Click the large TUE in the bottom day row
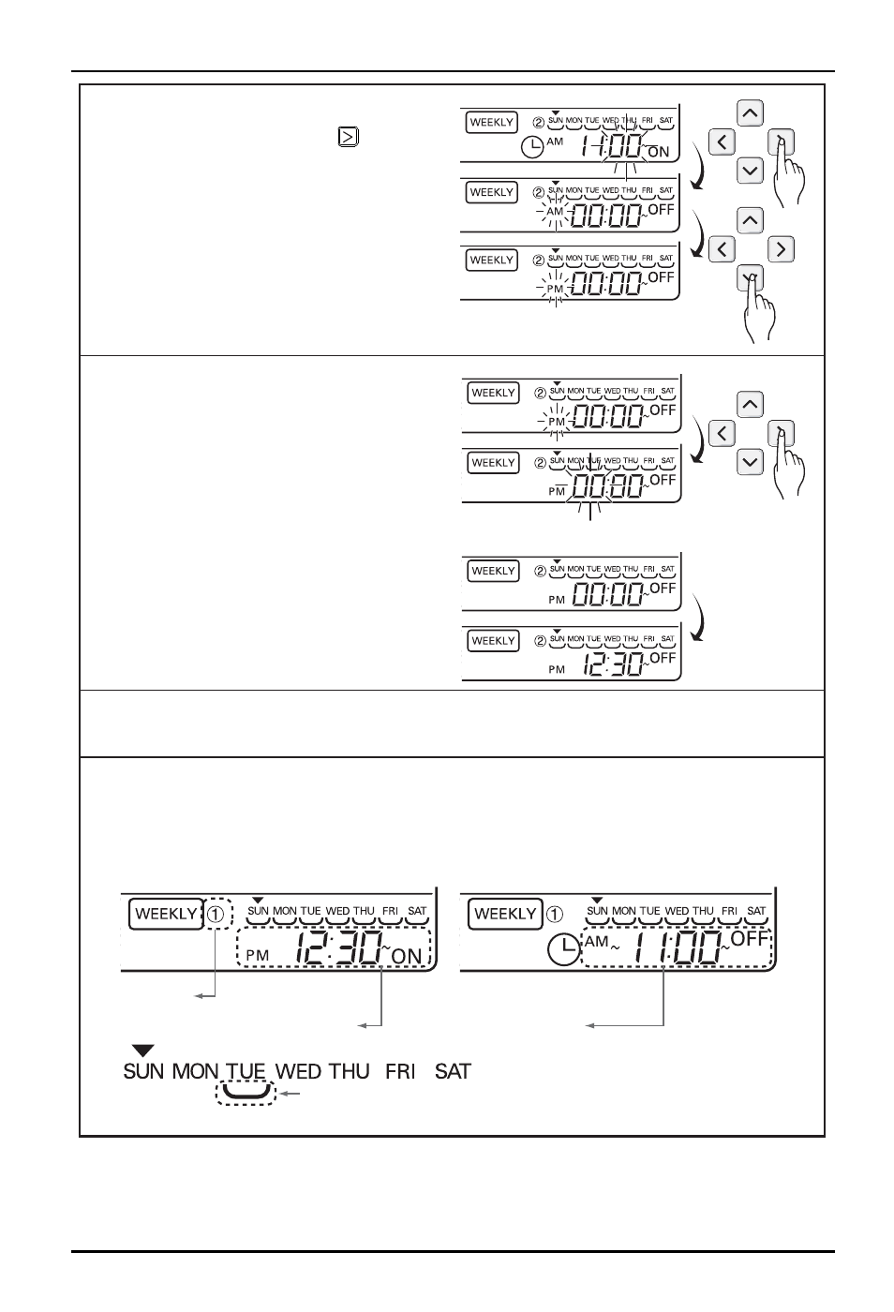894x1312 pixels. point(246,1071)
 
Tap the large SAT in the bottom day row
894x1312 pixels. point(453,1071)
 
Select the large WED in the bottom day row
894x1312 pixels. point(298,1071)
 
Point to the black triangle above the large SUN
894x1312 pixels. point(142,1051)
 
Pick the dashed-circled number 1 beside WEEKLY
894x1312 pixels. point(216,915)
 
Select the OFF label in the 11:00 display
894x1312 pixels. point(750,939)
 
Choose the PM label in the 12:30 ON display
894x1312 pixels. point(257,955)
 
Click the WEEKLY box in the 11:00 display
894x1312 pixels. point(505,914)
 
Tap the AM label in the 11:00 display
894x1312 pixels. point(596,941)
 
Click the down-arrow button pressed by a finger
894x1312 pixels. point(750,278)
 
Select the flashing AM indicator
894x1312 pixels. point(554,212)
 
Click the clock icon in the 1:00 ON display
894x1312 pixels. point(532,146)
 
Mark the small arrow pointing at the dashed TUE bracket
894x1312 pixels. point(290,1093)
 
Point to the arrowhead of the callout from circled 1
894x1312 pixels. point(199,995)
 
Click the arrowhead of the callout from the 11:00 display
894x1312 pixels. point(590,1025)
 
